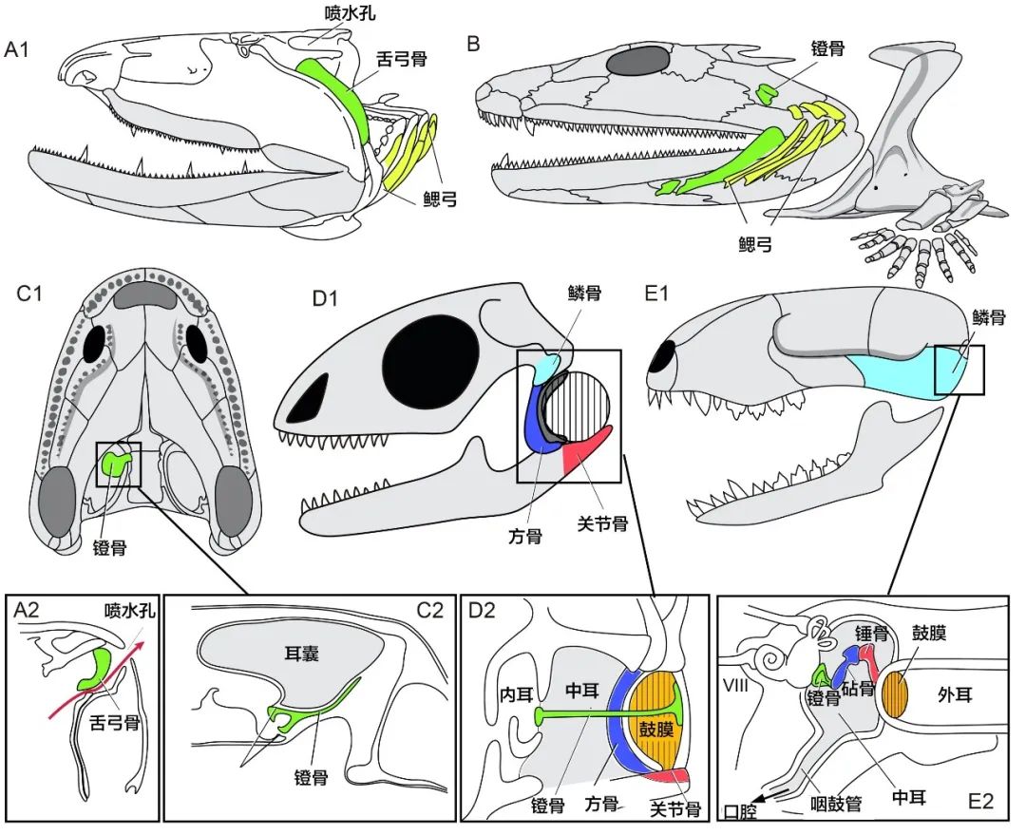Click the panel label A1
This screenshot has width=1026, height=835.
[x=20, y=50]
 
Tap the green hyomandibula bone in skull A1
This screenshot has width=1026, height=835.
[x=332, y=90]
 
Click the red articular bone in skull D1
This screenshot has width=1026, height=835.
[x=587, y=453]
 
